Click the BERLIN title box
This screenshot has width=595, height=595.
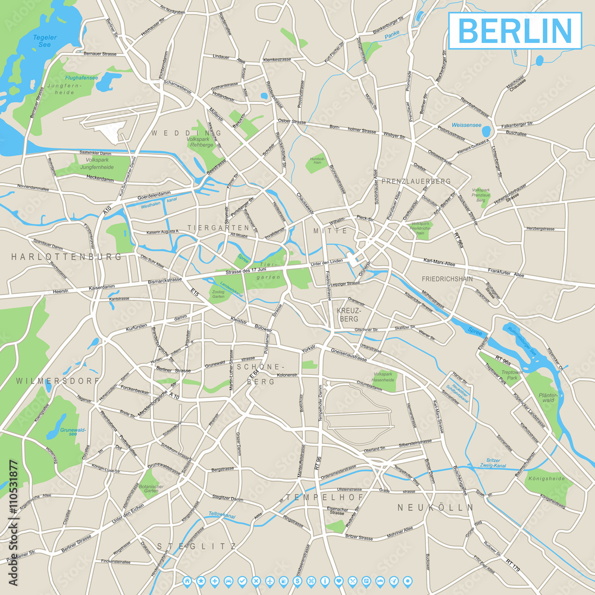(515, 30)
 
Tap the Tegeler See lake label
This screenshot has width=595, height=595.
(45, 41)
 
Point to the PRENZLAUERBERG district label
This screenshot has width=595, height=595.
(416, 181)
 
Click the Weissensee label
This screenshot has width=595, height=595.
(466, 126)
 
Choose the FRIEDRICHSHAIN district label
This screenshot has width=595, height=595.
(447, 278)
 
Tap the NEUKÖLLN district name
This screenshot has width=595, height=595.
(435, 508)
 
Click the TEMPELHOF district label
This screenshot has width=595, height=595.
(315, 497)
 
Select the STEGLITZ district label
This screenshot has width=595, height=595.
(196, 546)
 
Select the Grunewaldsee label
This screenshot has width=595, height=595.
(70, 431)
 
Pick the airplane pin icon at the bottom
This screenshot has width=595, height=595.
(270, 580)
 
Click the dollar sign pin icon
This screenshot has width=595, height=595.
(297, 580)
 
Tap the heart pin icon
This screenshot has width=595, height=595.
(338, 580)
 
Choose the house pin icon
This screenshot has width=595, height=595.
(187, 580)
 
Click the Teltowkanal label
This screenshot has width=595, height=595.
(222, 515)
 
